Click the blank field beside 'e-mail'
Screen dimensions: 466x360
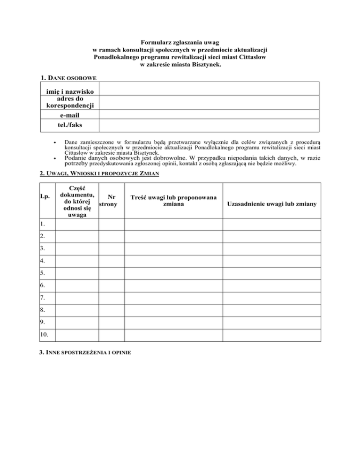click(209, 114)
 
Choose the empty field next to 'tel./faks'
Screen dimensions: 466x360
click(209, 125)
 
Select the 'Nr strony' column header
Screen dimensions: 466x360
click(112, 201)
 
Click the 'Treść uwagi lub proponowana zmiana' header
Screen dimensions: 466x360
click(173, 201)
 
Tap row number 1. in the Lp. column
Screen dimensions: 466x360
click(43, 225)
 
